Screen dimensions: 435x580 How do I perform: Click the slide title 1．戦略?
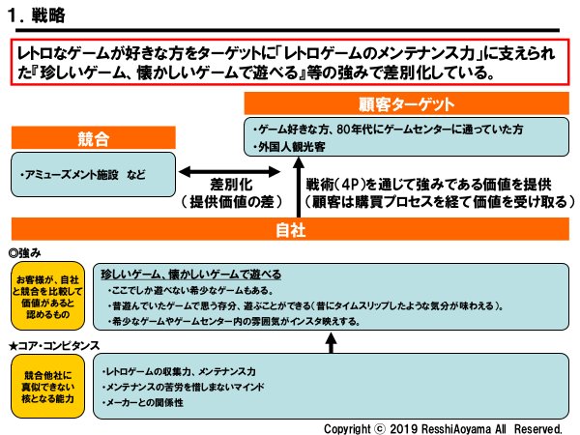(36, 15)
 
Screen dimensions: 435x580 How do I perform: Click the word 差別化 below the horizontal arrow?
(232, 185)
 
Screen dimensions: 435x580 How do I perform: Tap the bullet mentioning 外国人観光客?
(291, 148)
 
